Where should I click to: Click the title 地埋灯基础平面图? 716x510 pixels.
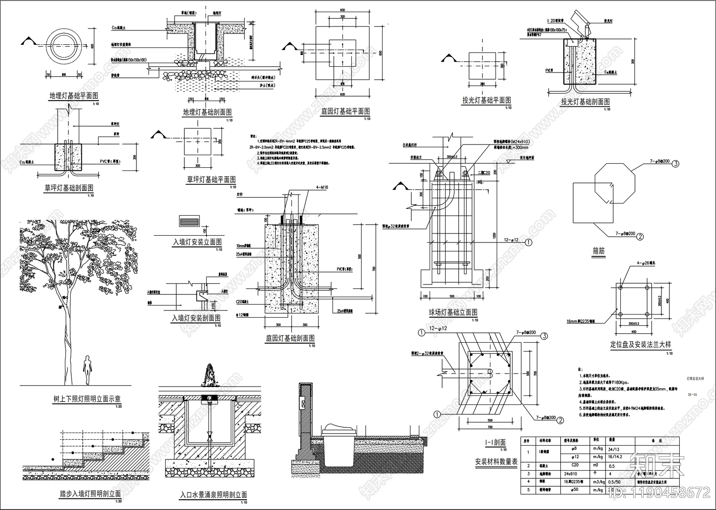(73, 96)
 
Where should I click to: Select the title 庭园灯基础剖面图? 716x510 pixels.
(290, 338)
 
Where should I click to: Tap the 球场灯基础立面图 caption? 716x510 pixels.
(453, 312)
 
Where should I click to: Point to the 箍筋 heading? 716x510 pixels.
(598, 251)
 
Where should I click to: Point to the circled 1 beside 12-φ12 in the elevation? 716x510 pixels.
(528, 242)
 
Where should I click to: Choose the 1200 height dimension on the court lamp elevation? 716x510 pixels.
(495, 235)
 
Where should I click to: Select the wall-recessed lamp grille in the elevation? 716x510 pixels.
(188, 221)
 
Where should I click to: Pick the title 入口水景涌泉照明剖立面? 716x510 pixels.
(213, 495)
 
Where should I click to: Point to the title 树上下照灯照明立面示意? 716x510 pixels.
(86, 399)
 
